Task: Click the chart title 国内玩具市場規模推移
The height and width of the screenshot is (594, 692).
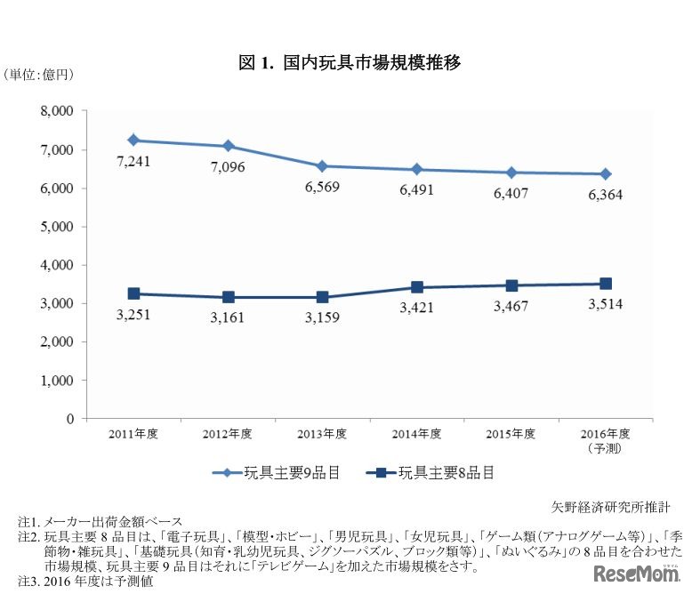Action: click(x=349, y=63)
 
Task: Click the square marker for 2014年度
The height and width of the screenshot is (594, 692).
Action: click(x=416, y=287)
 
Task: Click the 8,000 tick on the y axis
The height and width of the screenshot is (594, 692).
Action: click(x=60, y=112)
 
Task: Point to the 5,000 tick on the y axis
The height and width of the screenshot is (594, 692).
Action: click(x=60, y=227)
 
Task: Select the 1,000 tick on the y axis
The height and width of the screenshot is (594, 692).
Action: click(x=60, y=380)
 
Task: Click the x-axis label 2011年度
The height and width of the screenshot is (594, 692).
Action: click(x=133, y=435)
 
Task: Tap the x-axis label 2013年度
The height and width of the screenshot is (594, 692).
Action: click(x=322, y=435)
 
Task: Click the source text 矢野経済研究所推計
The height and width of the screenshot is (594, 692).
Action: click(x=610, y=506)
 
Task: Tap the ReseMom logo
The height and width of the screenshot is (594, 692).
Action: click(x=635, y=570)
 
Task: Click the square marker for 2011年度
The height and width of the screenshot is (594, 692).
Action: click(x=133, y=293)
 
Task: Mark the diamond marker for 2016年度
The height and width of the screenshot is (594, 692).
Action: click(x=605, y=174)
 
